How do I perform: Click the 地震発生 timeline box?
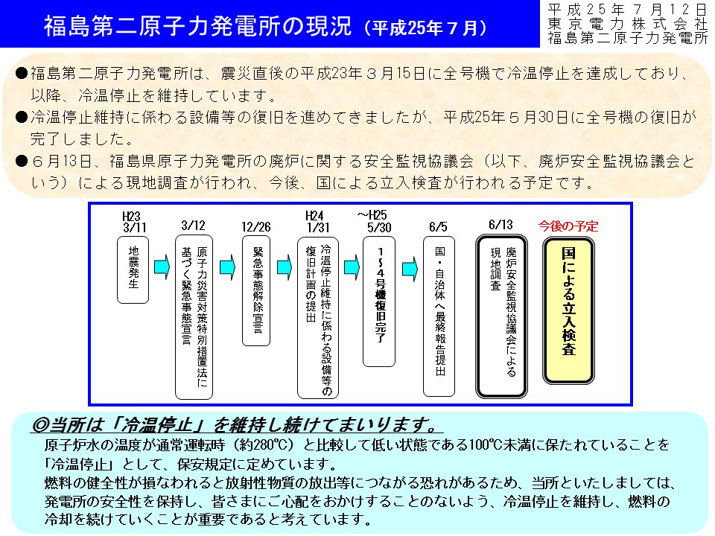click(x=133, y=269)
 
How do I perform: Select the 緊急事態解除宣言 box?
click(x=256, y=291)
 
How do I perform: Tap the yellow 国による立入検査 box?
click(x=568, y=310)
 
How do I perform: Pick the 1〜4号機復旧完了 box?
click(x=379, y=301)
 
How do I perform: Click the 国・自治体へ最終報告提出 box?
click(x=439, y=316)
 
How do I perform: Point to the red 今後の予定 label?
click(x=568, y=226)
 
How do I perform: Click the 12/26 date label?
click(x=255, y=227)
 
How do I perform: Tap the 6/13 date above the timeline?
click(x=500, y=225)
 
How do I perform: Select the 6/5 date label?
click(x=438, y=227)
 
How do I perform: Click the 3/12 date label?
click(x=194, y=226)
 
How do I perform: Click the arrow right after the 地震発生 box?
click(x=162, y=267)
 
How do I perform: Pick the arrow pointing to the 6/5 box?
click(x=410, y=269)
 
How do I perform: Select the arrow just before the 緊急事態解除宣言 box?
click(x=228, y=267)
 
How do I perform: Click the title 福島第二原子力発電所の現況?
click(x=197, y=26)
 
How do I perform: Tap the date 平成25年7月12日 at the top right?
click(x=627, y=10)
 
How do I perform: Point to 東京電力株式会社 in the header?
click(x=627, y=24)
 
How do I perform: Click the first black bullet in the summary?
click(x=22, y=74)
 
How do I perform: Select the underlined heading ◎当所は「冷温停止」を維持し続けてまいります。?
click(x=236, y=425)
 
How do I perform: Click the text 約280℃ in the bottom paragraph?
click(x=263, y=444)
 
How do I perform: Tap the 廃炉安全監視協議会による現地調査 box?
click(x=501, y=316)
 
